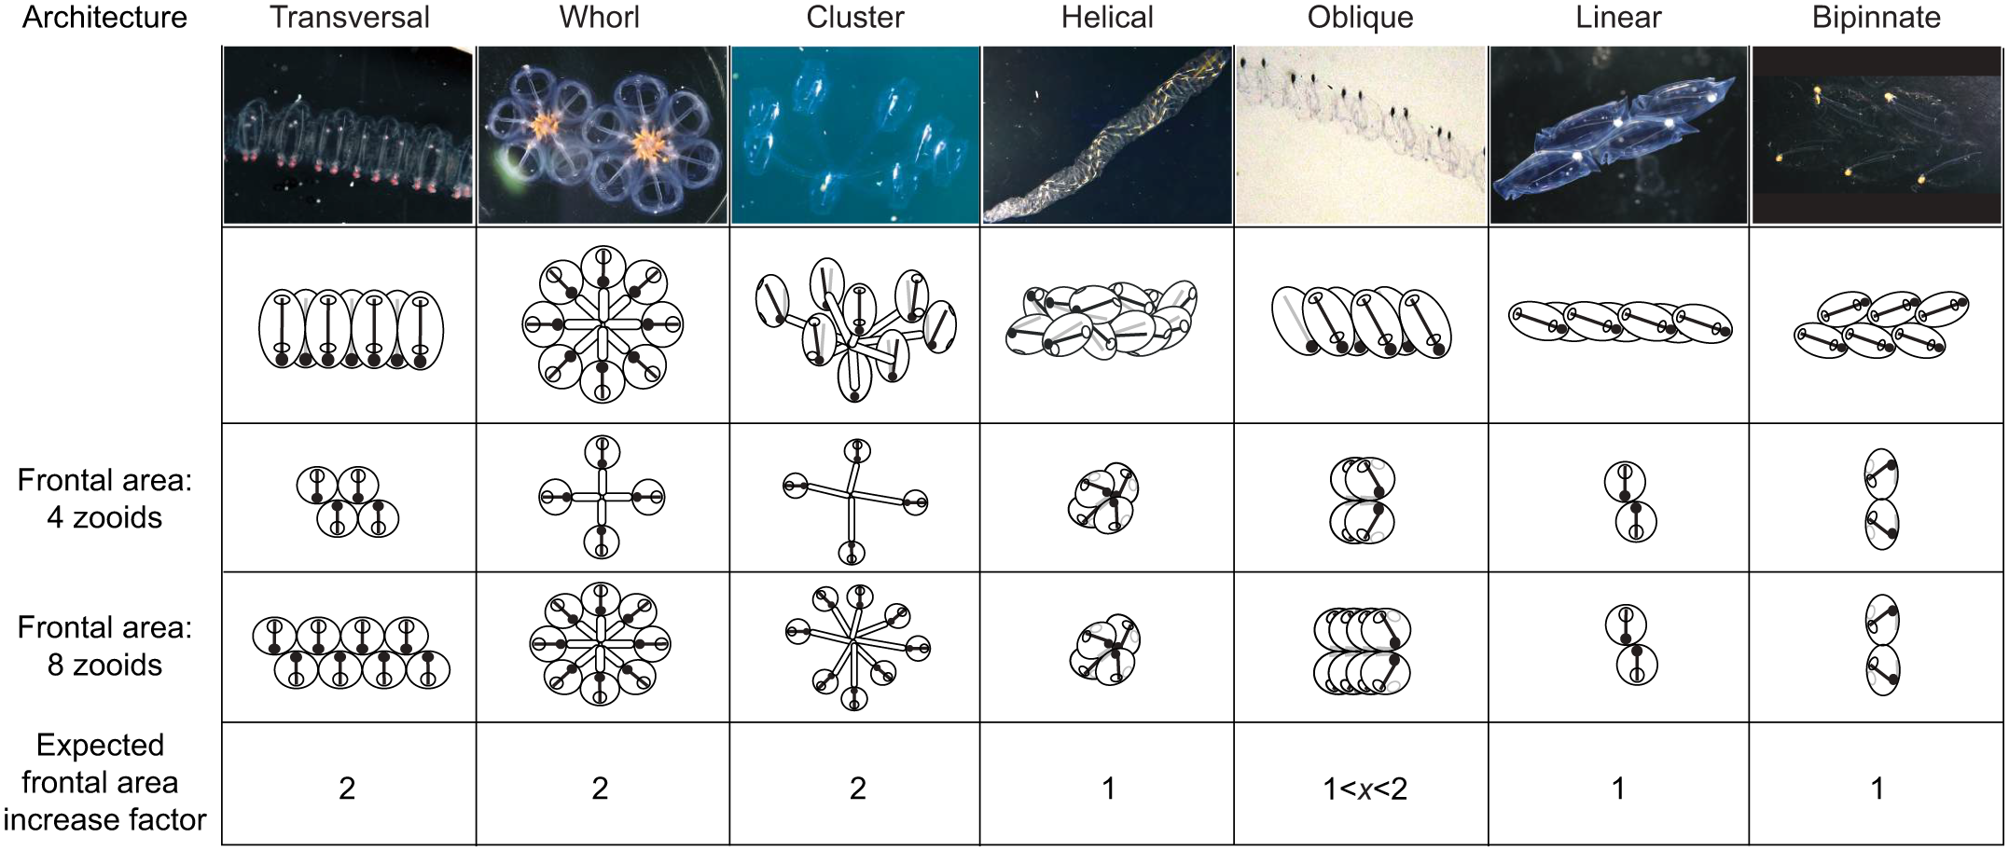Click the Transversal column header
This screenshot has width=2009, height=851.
(350, 18)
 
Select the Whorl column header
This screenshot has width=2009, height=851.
(600, 18)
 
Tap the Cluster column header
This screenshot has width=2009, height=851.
(855, 18)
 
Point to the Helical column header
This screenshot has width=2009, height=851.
(1107, 18)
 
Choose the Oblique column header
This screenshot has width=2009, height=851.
(1360, 18)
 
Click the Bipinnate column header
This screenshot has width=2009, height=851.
(1877, 18)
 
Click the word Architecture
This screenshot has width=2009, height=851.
(104, 18)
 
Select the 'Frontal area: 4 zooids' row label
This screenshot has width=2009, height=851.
(104, 499)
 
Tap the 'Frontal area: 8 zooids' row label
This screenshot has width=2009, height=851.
(104, 646)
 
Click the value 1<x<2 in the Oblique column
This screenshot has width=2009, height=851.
(1365, 789)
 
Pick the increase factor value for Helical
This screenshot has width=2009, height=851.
(1108, 789)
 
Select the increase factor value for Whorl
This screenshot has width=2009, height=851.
(600, 789)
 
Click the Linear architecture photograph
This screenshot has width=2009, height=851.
(1618, 135)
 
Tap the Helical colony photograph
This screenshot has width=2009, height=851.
(1107, 135)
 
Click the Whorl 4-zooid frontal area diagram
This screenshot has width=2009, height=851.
(602, 497)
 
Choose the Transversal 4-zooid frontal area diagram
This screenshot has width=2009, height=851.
(348, 501)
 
